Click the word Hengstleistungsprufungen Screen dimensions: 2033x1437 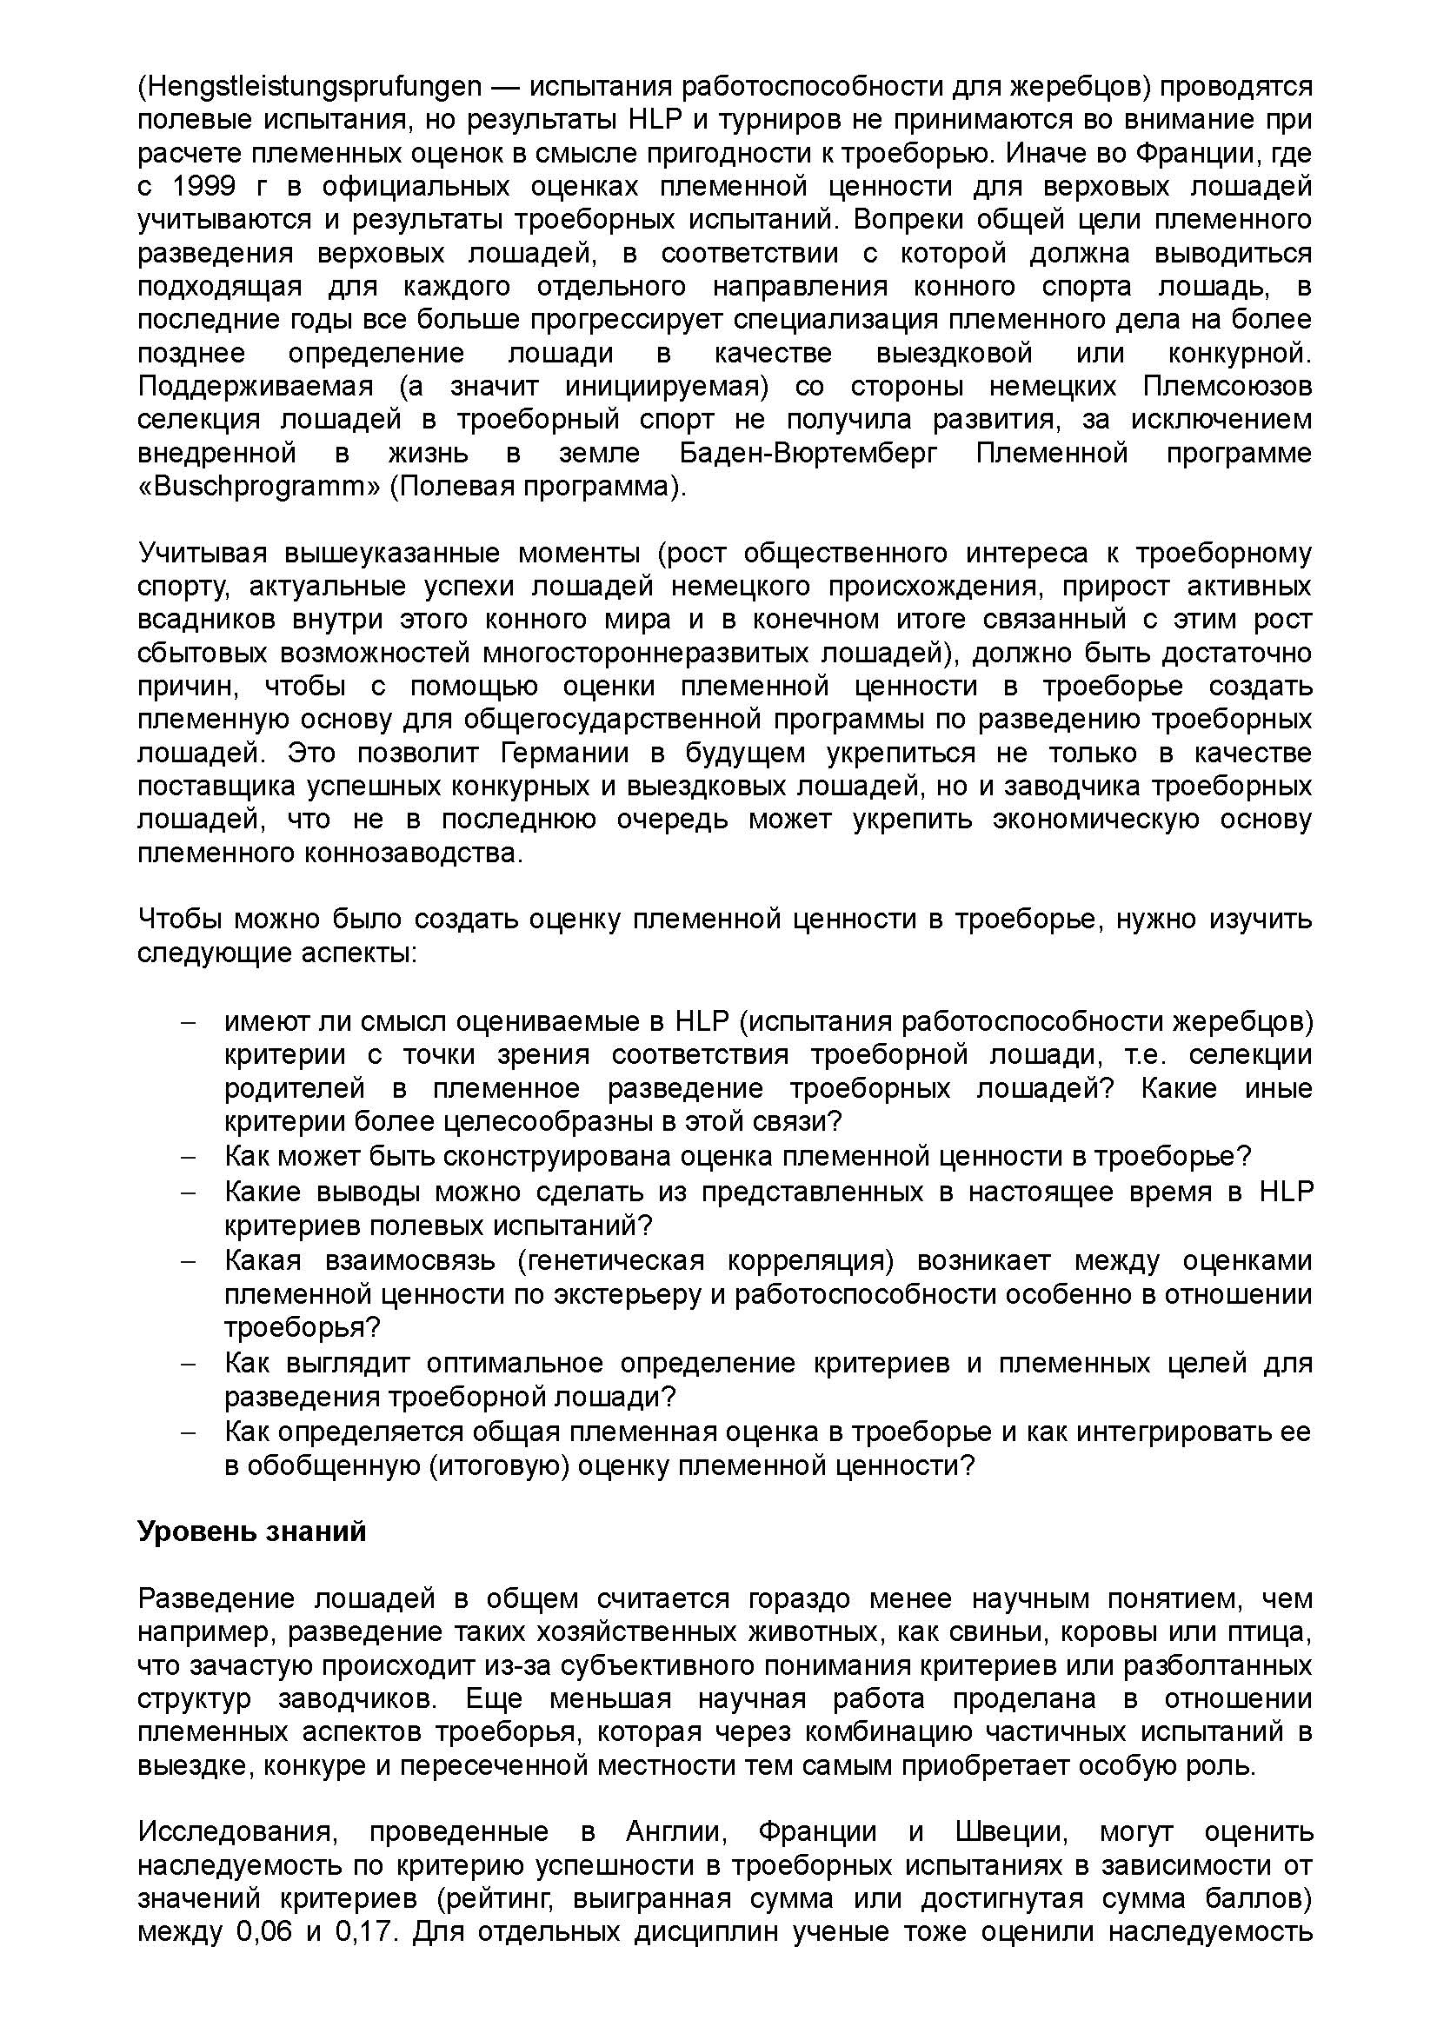(309, 87)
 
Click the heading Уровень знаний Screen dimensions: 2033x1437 (251, 1531)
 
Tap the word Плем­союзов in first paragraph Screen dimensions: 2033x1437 (1227, 387)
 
